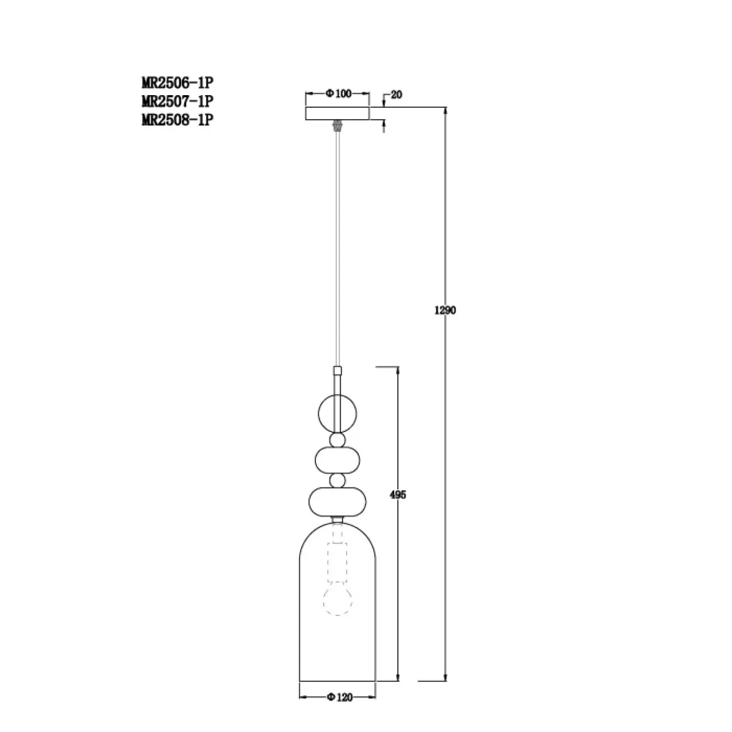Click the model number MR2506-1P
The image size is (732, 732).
click(x=178, y=82)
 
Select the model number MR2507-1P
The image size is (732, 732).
click(x=178, y=101)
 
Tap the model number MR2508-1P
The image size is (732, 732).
click(x=178, y=120)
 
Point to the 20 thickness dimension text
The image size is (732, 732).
click(x=396, y=95)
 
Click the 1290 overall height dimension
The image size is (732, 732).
click(x=445, y=310)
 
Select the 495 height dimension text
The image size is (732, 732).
click(x=398, y=495)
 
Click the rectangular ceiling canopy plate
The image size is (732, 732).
click(x=337, y=114)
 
